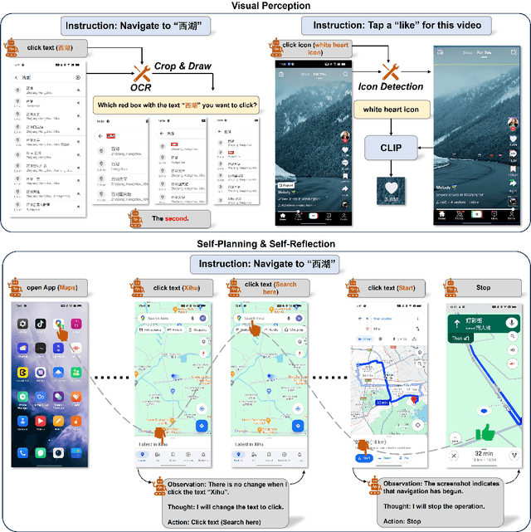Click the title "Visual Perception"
click(266, 6)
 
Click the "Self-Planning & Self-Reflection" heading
click(266, 243)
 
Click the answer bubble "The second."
click(170, 218)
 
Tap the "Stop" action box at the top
click(484, 287)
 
